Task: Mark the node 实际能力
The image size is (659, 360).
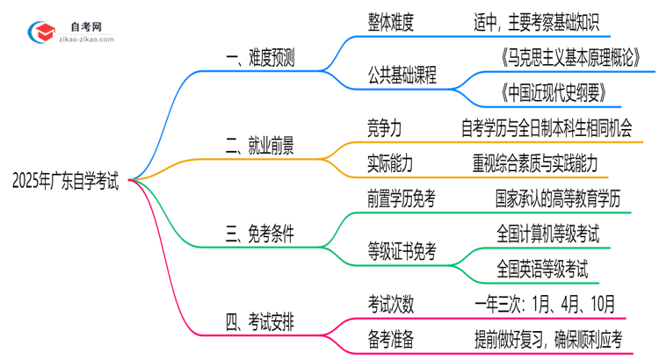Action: pyautogui.click(x=390, y=162)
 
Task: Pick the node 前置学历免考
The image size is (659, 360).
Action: pyautogui.click(x=402, y=199)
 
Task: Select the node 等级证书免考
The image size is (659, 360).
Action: pyautogui.click(x=402, y=250)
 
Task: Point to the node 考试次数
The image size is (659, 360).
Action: pyautogui.click(x=391, y=303)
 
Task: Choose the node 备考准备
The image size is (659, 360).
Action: pyautogui.click(x=391, y=337)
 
